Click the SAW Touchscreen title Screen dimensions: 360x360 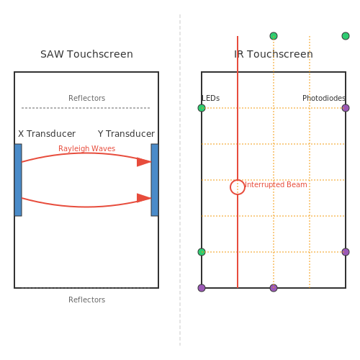pos(86,54)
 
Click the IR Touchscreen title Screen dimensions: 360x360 pos(274,54)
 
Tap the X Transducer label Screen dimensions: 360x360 pos(47,134)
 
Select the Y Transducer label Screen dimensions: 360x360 pos(126,134)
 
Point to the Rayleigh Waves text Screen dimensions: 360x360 pos(87,148)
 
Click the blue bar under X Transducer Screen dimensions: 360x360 pos(18,180)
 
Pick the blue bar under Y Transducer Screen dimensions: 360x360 pos(155,180)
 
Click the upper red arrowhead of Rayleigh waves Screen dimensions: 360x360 pos(144,162)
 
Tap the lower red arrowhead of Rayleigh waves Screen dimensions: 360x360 pos(144,198)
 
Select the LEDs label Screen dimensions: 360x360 pos(211,98)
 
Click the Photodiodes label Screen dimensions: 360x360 pos(324,98)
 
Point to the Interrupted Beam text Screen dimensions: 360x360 pos(276,184)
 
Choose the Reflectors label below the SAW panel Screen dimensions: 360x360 pos(87,300)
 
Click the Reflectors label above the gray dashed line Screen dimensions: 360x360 pos(87,98)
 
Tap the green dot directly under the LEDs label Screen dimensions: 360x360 pos(202,108)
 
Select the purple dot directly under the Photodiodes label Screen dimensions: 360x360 pos(346,108)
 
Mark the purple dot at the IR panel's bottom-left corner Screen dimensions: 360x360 pos(202,288)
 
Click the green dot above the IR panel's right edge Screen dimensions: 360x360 pos(346,36)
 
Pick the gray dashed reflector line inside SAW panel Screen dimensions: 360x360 pos(86,108)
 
